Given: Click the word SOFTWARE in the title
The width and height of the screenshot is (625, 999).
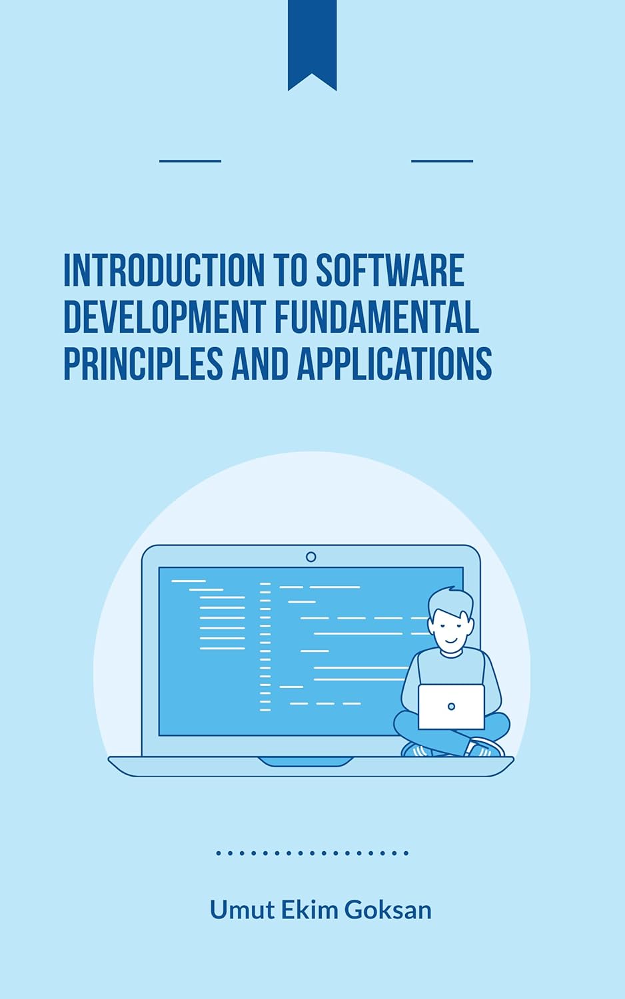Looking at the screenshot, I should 390,270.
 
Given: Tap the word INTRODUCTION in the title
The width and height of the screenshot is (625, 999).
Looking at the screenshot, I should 164,270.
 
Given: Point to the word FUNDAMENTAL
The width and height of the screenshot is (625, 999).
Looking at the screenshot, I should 376,317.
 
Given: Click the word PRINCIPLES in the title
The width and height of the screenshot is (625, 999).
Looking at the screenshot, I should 143,364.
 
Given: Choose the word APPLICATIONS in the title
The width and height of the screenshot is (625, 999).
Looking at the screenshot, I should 394,364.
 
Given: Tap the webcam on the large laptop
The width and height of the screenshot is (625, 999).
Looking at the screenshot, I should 311,557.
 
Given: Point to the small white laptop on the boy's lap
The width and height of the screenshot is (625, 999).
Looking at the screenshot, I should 451,707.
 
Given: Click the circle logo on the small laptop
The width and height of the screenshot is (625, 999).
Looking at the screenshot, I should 451,707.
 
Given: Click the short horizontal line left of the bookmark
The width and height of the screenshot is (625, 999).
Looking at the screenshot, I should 190,161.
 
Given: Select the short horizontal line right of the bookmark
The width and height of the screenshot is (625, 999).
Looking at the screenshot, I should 442,161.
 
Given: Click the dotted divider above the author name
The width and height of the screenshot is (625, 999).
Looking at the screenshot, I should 312,852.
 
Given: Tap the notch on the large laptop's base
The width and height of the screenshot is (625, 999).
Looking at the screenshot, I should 306,761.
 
